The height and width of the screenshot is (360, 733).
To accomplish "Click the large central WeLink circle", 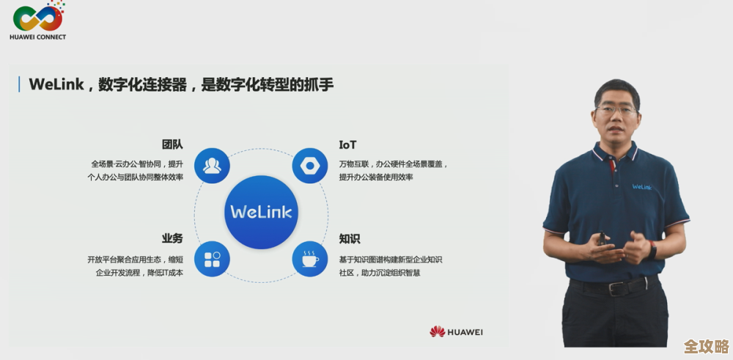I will [x=261, y=212].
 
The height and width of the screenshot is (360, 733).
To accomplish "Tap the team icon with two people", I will [x=213, y=165].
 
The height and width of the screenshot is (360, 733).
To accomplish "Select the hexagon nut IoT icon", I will [x=310, y=165].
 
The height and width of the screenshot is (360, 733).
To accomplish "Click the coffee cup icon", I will [x=310, y=259].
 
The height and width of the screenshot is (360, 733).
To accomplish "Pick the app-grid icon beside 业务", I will [x=213, y=259].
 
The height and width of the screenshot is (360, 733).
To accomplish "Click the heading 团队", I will [x=172, y=144].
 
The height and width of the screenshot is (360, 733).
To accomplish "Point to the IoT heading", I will [x=347, y=144].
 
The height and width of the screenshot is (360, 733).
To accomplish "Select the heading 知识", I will [x=349, y=239].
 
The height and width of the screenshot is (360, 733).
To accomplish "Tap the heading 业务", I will [x=172, y=239].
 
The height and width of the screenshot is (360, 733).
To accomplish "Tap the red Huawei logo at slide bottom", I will [x=438, y=331].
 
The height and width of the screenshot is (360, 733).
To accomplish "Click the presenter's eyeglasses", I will [x=616, y=109].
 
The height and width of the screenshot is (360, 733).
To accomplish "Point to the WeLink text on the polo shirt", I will [x=643, y=186].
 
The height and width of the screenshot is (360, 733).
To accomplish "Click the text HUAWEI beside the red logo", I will [x=466, y=332].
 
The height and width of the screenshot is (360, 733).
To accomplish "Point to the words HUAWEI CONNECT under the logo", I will [x=38, y=37].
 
